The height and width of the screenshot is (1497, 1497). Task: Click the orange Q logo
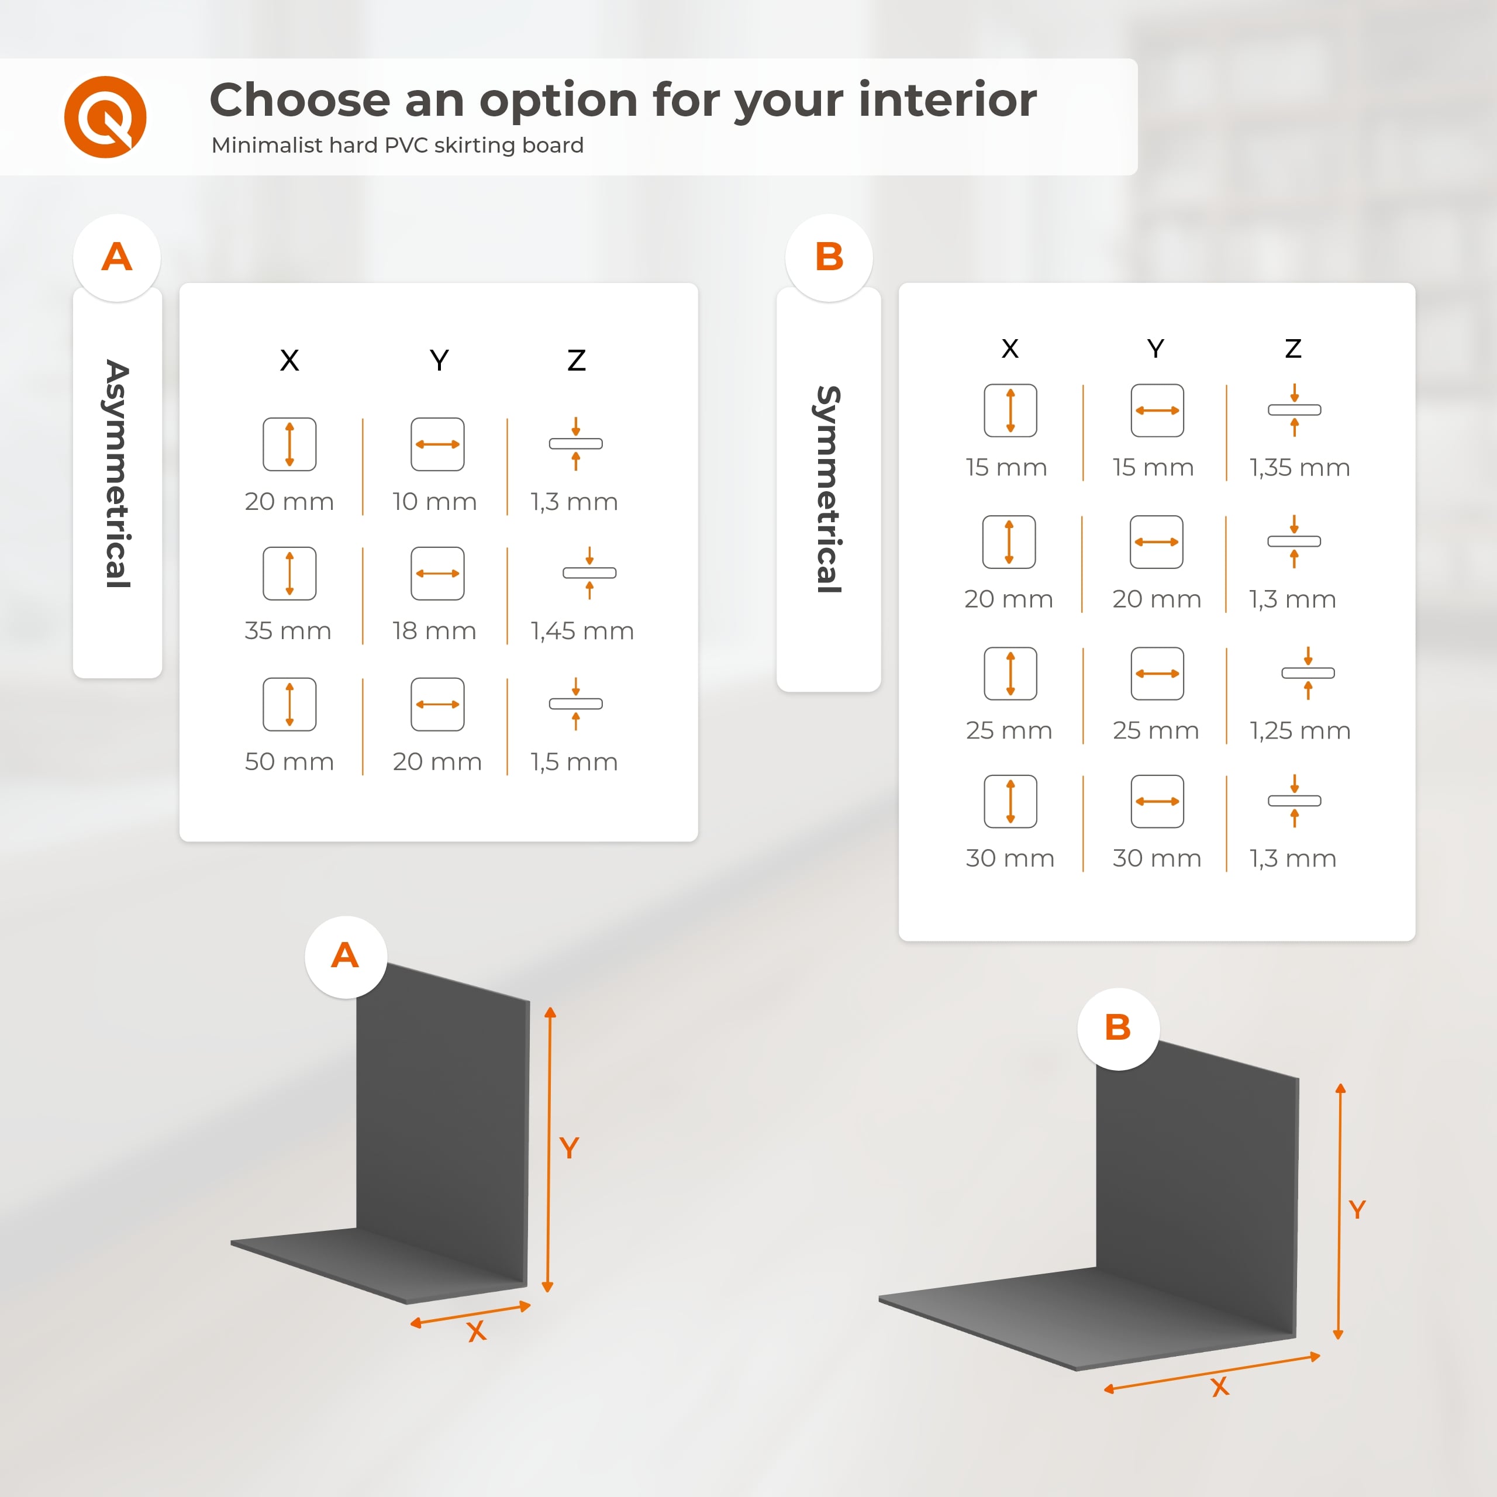coord(105,117)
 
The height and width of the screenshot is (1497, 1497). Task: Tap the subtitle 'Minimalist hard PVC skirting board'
coord(398,146)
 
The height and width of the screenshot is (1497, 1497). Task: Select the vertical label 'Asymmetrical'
coord(118,474)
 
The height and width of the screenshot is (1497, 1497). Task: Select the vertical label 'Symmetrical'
coord(829,489)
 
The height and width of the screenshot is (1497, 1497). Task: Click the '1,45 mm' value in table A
coord(582,632)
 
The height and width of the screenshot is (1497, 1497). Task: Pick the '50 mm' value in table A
coord(289,762)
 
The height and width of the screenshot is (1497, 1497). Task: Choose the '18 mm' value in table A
coord(434,632)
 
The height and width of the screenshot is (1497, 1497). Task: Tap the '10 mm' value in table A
coord(434,502)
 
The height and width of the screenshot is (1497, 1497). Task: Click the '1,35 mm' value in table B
coord(1299,468)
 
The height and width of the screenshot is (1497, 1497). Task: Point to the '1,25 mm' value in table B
coord(1299,731)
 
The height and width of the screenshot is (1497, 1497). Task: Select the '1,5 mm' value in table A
coord(574,763)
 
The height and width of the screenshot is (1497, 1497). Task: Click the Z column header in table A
coord(577,360)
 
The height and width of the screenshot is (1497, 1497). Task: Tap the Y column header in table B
coord(1155,349)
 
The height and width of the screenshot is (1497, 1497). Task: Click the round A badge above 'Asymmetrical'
coord(117,257)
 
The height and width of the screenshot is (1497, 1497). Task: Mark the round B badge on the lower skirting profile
coord(1118,1029)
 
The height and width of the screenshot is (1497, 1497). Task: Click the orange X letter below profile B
coord(1220,1387)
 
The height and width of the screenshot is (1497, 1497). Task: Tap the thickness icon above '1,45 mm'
coord(589,572)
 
